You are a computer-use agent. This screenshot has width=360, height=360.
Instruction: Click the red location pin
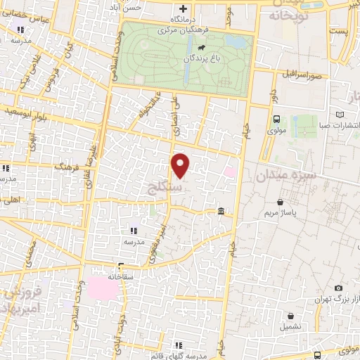click(x=181, y=165)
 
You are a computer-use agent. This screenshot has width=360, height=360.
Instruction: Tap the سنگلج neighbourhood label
click(x=181, y=188)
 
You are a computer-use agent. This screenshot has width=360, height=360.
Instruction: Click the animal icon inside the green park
click(x=201, y=49)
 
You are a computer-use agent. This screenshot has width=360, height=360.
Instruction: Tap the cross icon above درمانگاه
click(x=183, y=9)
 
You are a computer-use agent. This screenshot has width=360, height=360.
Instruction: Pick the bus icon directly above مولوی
click(x=276, y=119)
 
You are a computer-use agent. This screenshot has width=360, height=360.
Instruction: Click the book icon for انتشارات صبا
click(x=341, y=114)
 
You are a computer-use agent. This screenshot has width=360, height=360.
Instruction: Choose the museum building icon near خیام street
click(x=221, y=212)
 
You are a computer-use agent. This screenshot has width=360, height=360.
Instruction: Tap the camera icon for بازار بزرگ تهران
click(x=338, y=288)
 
